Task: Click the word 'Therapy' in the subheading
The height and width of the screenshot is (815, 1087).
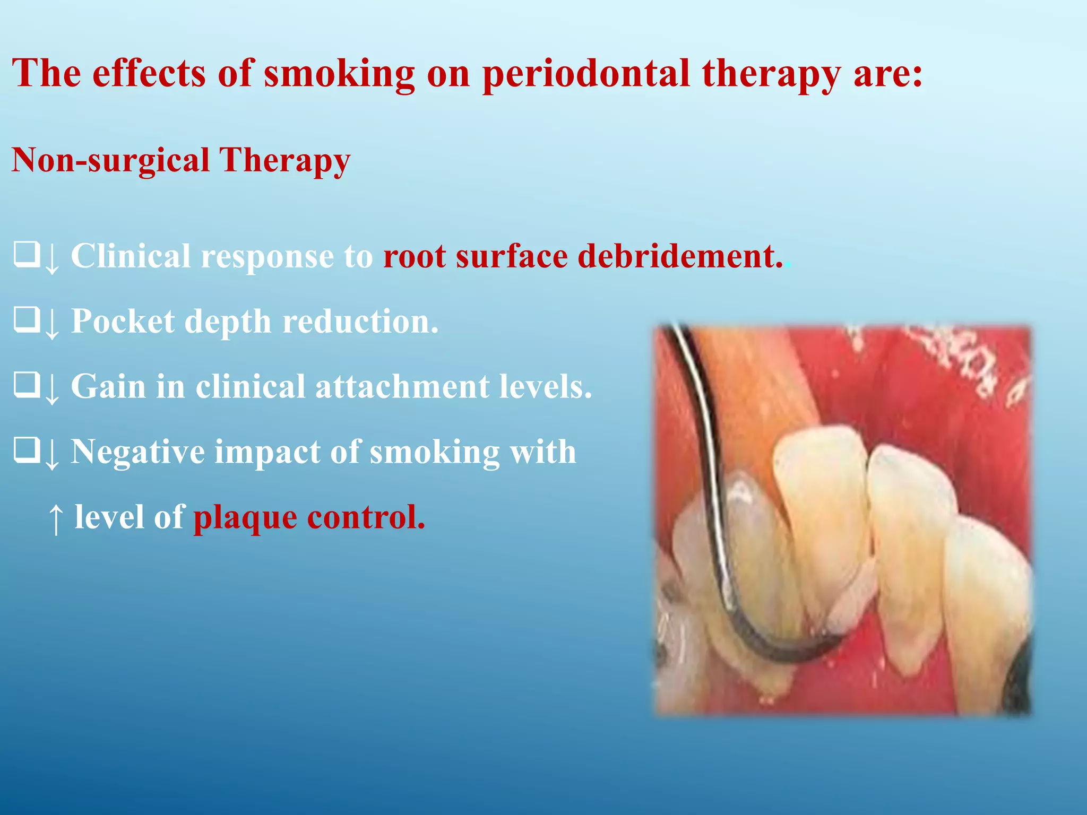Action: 285,160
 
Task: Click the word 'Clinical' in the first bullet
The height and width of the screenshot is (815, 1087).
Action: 131,256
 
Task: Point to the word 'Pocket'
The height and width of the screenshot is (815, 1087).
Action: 123,322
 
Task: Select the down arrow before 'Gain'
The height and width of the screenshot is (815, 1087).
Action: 52,388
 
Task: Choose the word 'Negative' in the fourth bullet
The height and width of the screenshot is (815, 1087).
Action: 138,452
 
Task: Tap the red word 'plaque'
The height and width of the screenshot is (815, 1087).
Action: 245,518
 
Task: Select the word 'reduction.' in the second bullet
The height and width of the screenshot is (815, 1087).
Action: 361,322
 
